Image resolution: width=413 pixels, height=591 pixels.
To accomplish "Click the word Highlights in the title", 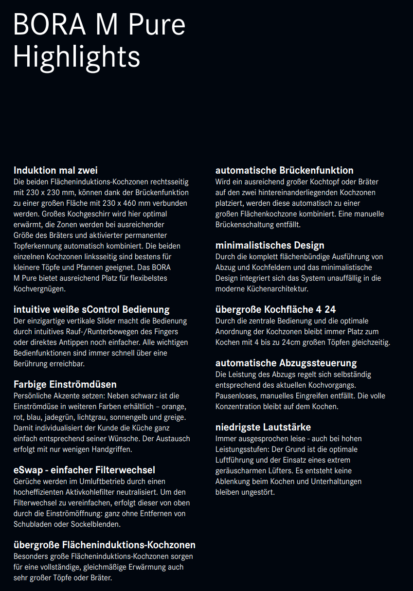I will [x=76, y=57].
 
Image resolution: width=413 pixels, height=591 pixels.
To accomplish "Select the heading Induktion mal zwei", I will [x=55, y=170].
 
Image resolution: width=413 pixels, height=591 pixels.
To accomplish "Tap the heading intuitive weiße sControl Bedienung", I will [x=91, y=309].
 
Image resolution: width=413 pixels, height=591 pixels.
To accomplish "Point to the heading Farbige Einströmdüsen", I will [x=65, y=384].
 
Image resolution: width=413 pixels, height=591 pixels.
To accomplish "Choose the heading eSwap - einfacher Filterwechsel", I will [x=84, y=470].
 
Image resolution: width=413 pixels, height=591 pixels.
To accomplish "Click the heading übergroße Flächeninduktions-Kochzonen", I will [x=105, y=545].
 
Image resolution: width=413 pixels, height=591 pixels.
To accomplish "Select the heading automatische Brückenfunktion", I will [x=284, y=170].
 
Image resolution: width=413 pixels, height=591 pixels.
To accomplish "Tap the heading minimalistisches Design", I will [x=269, y=245].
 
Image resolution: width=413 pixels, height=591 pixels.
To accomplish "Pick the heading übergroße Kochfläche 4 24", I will [x=275, y=309].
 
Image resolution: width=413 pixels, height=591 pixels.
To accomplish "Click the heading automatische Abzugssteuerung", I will [x=286, y=363].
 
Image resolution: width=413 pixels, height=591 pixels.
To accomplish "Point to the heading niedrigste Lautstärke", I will [x=263, y=427].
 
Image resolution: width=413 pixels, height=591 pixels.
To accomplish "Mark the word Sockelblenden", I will [x=97, y=524].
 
